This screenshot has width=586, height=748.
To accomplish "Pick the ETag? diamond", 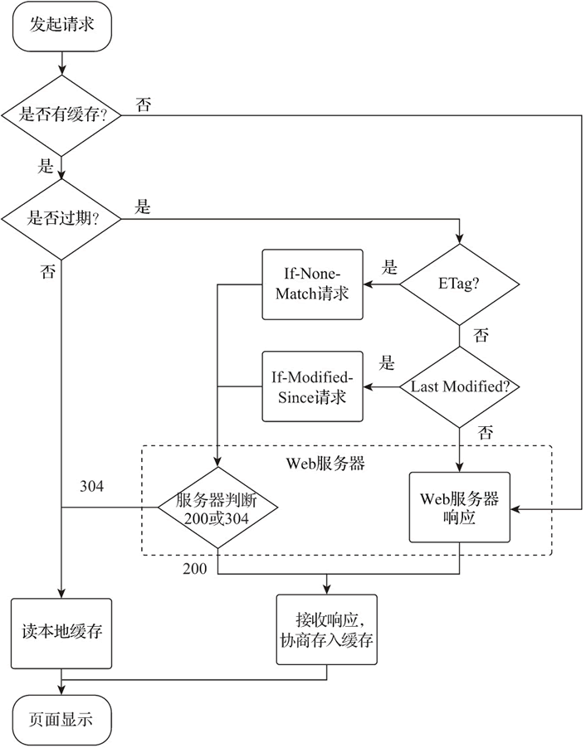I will tap(459, 284).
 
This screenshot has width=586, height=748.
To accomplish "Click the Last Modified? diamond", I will tap(459, 386).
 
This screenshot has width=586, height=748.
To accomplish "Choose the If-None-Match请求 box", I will tap(312, 284).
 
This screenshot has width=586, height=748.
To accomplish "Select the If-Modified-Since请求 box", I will tap(312, 386).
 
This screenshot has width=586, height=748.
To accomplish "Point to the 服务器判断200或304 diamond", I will tap(217, 507).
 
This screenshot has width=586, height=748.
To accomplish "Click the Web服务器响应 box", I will tap(459, 507).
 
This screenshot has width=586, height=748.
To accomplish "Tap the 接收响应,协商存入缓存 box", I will tap(326, 629).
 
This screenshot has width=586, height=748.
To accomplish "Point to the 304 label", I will tap(91, 486).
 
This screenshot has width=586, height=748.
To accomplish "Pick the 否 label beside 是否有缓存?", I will tap(143, 105).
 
